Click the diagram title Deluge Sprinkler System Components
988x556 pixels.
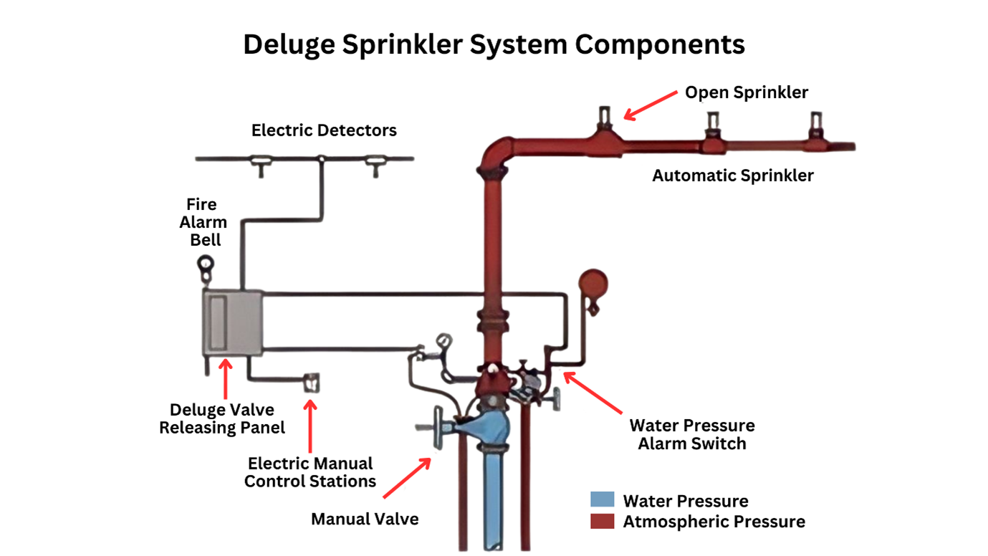click(x=494, y=44)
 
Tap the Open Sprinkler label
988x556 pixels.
click(x=746, y=92)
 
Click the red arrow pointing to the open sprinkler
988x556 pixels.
click(x=650, y=104)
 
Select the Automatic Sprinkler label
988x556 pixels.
click(x=732, y=176)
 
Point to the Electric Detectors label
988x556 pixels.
click(x=324, y=130)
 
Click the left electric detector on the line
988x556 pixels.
click(x=260, y=165)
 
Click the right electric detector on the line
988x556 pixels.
click(x=374, y=165)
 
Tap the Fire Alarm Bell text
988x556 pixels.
click(x=203, y=222)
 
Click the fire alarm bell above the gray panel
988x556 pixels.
click(x=206, y=266)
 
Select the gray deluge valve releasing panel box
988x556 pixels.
click(x=231, y=322)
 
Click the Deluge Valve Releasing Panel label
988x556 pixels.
click(x=221, y=418)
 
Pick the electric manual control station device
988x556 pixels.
click(x=312, y=383)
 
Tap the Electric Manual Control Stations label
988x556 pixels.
click(x=310, y=472)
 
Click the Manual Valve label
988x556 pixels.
click(x=364, y=519)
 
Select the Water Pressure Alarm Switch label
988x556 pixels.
click(x=691, y=434)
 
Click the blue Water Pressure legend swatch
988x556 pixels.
click(x=602, y=499)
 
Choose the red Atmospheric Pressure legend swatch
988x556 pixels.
click(x=602, y=521)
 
